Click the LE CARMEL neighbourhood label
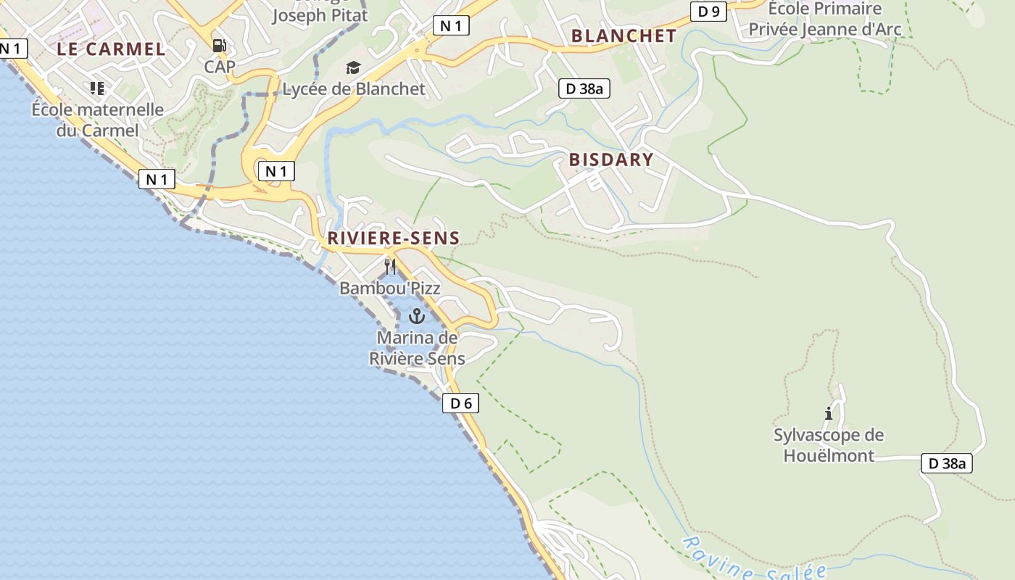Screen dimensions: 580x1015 click(x=112, y=49)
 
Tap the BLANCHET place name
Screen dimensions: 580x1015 click(x=623, y=36)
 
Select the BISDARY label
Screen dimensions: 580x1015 click(x=611, y=159)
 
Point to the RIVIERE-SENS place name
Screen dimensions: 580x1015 click(x=394, y=238)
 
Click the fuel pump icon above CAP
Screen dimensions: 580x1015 click(x=219, y=46)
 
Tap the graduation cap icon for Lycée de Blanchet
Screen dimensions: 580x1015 click(x=353, y=68)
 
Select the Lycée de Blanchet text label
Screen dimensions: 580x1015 click(x=354, y=88)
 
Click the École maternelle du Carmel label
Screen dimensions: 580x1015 click(x=98, y=120)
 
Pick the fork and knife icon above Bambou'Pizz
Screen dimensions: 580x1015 click(x=390, y=267)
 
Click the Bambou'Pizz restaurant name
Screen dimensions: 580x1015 click(x=390, y=288)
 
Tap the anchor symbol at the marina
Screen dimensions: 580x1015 click(x=416, y=316)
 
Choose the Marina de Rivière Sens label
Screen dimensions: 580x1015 click(x=417, y=348)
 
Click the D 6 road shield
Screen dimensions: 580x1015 click(x=460, y=403)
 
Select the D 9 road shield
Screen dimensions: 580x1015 click(x=708, y=11)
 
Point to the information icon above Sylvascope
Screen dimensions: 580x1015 click(x=829, y=413)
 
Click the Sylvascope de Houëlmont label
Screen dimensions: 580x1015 click(x=829, y=445)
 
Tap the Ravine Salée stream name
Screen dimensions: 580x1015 click(x=754, y=560)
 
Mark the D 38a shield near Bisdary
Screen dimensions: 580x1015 click(x=584, y=88)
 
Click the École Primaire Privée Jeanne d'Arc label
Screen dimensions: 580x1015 click(x=825, y=20)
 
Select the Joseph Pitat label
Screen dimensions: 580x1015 click(x=320, y=15)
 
